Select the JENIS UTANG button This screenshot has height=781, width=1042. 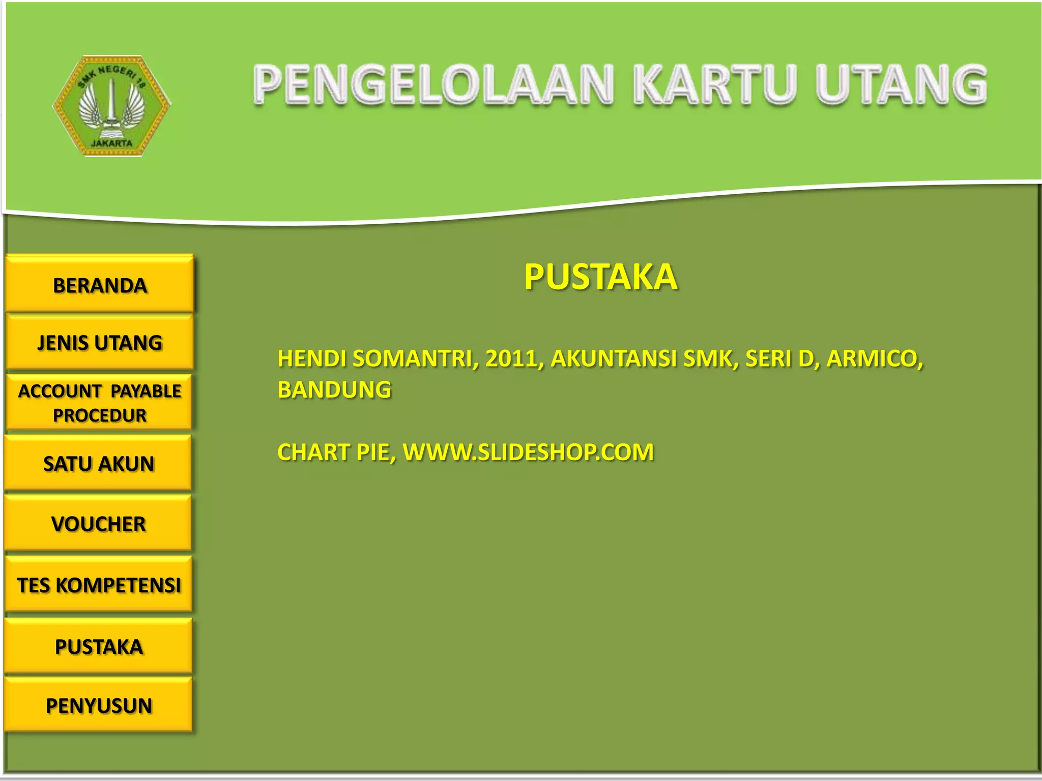100,343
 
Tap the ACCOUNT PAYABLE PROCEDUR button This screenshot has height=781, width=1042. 100,403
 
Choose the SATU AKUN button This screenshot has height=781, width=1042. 99,463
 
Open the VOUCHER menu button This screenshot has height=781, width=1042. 99,524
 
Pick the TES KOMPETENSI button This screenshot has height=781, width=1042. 99,585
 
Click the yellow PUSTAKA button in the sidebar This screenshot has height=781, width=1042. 99,647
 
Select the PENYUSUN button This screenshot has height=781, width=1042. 99,706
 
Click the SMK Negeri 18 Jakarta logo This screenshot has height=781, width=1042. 112,106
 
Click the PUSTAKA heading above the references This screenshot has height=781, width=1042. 600,277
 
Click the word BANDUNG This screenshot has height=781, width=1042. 334,390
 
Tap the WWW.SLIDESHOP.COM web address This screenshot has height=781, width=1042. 528,452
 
